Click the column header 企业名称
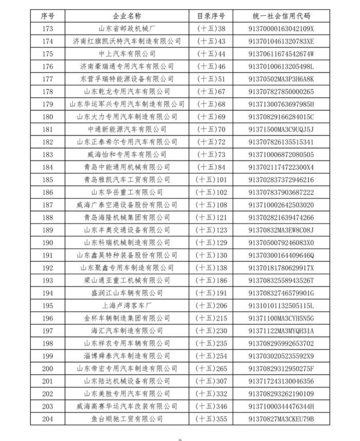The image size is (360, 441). pyautogui.click(x=127, y=16)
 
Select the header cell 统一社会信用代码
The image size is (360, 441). pyautogui.click(x=281, y=16)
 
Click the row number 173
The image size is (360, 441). pyautogui.click(x=47, y=28)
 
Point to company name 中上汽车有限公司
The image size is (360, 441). pyautogui.click(x=127, y=53)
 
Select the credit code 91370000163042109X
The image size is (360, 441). pyautogui.click(x=281, y=28)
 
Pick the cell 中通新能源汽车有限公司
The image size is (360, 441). pyautogui.click(x=127, y=129)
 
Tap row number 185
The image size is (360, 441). pyautogui.click(x=47, y=179)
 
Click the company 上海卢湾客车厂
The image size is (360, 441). pyautogui.click(x=127, y=305)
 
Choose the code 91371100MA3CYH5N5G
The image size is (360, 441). pyautogui.click(x=281, y=318)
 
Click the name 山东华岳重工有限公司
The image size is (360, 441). pyautogui.click(x=127, y=192)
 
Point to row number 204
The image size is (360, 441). pyautogui.click(x=47, y=419)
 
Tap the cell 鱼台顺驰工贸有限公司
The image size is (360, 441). pyautogui.click(x=127, y=419)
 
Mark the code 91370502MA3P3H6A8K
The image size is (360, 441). pyautogui.click(x=281, y=79)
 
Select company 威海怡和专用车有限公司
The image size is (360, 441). pyautogui.click(x=127, y=154)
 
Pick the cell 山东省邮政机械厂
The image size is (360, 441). pyautogui.click(x=127, y=28)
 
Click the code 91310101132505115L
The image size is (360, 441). pyautogui.click(x=281, y=305)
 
